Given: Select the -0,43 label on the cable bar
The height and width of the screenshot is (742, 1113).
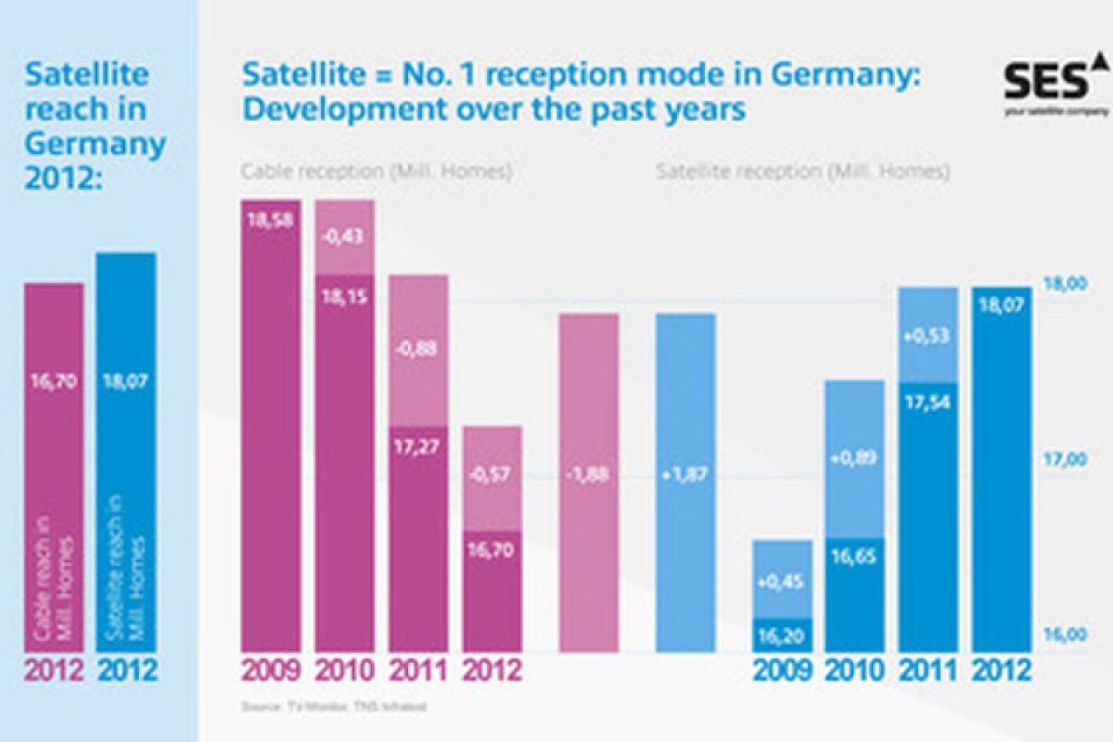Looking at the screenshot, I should tap(344, 237).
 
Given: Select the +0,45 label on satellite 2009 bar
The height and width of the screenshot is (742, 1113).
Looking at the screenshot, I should tap(782, 582).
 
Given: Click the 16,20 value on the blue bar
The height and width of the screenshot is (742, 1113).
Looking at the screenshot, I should tap(782, 637).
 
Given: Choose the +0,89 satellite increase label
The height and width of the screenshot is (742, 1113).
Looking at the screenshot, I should tap(854, 457).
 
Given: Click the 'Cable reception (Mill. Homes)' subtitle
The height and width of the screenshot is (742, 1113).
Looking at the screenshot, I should tap(377, 172).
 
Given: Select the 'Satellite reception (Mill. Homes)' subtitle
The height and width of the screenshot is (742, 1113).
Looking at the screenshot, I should tap(803, 172).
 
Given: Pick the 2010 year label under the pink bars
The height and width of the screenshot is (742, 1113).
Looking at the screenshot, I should tap(344, 670).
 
